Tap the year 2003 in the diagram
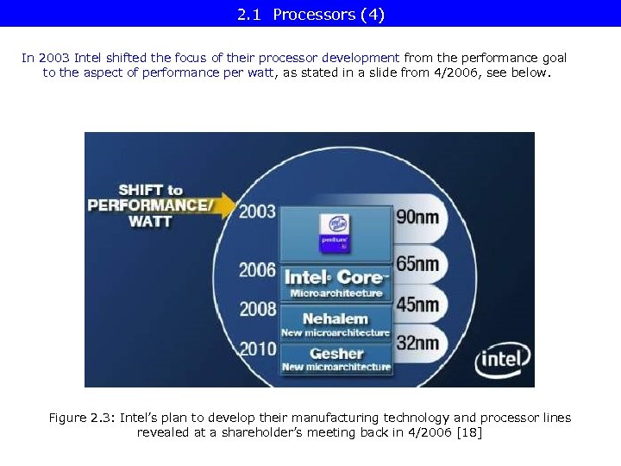pos(257,211)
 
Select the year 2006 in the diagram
pos(257,271)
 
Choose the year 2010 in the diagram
pos(257,350)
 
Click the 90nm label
pos(417,217)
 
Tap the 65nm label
pos(417,263)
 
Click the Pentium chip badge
pos(334,232)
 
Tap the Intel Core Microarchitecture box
pos(336,283)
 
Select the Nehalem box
pos(336,324)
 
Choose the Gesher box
pos(336,359)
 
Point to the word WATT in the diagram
pos(150,222)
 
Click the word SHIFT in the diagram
pos(141,190)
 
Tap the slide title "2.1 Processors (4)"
pos(310,14)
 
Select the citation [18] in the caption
pos(467,431)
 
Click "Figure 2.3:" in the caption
pos(81,418)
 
